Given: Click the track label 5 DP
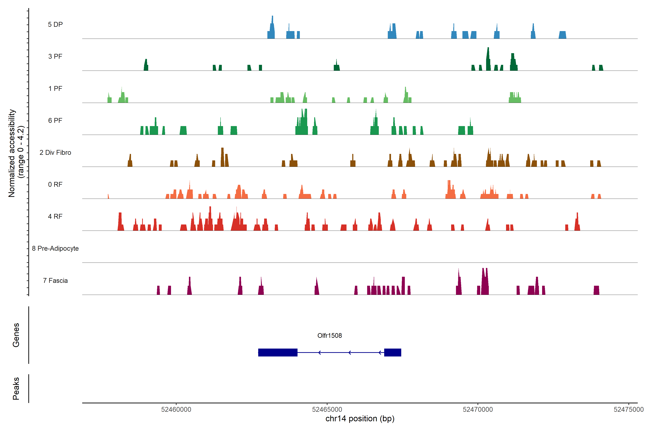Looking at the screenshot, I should point(55,24).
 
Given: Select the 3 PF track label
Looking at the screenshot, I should point(55,56).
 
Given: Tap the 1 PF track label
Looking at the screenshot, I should point(55,89).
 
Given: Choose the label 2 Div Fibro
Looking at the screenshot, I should point(55,152).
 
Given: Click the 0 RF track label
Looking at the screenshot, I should point(55,184).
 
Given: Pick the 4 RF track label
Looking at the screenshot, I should point(55,216).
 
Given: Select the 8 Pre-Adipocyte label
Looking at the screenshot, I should point(55,249).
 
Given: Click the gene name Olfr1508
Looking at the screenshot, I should point(330,336).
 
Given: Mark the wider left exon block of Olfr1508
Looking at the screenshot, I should point(278,352).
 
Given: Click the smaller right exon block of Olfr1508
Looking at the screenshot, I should point(392,352).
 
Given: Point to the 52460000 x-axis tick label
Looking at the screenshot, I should point(176,410).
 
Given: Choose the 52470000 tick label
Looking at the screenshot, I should point(478,410).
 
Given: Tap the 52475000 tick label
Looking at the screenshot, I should point(628,410).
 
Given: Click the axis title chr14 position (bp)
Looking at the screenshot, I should point(360,419).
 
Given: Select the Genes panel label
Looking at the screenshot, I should point(16,335).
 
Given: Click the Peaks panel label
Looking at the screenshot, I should point(16,388).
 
